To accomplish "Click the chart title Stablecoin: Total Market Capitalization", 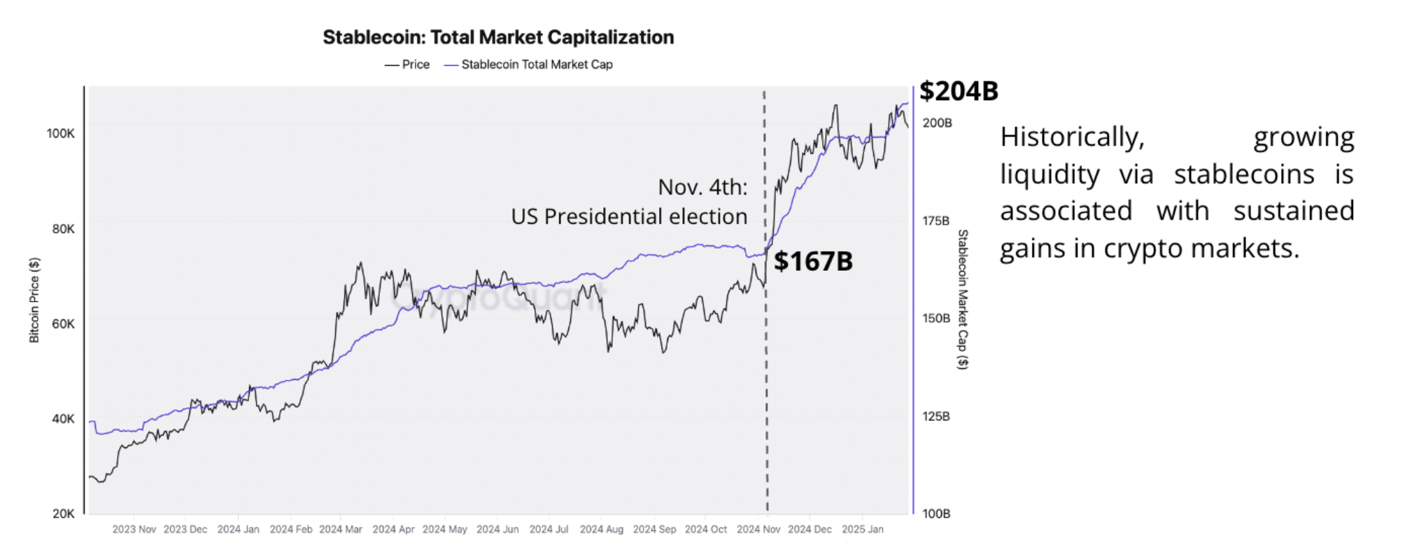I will pyautogui.click(x=498, y=37).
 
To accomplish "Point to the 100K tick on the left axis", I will pyautogui.click(x=60, y=134).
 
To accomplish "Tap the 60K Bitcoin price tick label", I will pyautogui.click(x=63, y=324).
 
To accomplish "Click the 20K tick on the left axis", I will pyautogui.click(x=63, y=514).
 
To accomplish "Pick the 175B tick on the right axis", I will pyautogui.click(x=936, y=221).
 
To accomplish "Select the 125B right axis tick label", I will pyautogui.click(x=936, y=416).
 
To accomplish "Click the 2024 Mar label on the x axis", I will pyautogui.click(x=341, y=530).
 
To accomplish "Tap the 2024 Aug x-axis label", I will pyautogui.click(x=601, y=530).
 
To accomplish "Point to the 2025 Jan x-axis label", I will pyautogui.click(x=862, y=530).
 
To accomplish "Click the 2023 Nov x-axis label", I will pyautogui.click(x=134, y=530).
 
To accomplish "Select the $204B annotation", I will pyautogui.click(x=958, y=91).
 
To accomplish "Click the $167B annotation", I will pyautogui.click(x=813, y=262).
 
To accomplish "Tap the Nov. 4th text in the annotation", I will pyautogui.click(x=702, y=187).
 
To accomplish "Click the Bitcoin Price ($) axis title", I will pyautogui.click(x=34, y=300).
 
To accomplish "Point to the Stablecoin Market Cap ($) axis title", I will pyautogui.click(x=963, y=299).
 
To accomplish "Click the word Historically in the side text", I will pyautogui.click(x=1072, y=137).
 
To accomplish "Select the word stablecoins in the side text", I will pyautogui.click(x=1244, y=174).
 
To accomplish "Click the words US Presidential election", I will pyautogui.click(x=628, y=217).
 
